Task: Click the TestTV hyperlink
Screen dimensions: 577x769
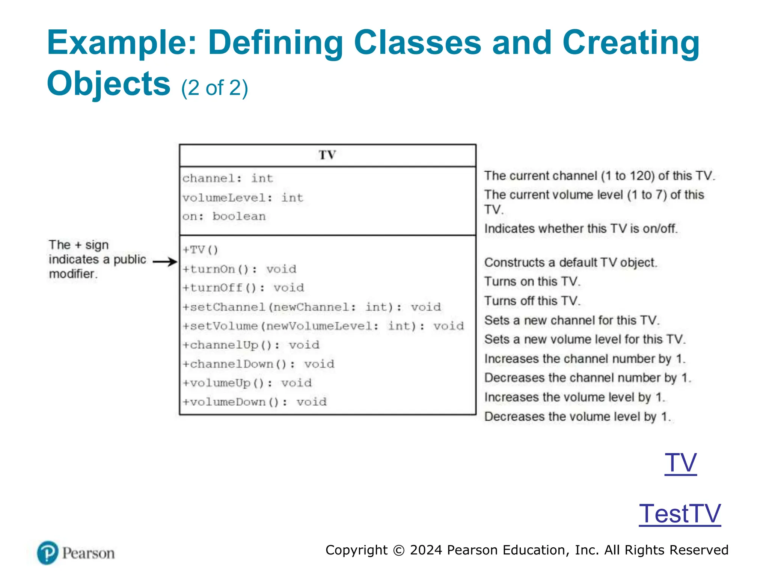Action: pos(680,514)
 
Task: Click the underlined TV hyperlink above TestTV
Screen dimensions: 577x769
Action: pos(680,462)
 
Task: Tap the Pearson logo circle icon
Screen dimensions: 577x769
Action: pos(48,553)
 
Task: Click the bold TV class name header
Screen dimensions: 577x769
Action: pos(327,155)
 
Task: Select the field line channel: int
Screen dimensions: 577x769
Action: pos(228,178)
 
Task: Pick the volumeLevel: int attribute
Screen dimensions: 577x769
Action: pos(243,198)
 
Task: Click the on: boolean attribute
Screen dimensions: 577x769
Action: pos(224,216)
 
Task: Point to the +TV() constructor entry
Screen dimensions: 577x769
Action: pos(200,250)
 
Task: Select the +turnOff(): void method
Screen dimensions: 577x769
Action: pos(243,288)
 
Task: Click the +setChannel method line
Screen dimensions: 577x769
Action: pos(312,307)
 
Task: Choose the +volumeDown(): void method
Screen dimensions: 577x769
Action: pos(255,402)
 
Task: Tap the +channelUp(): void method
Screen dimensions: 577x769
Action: pos(251,345)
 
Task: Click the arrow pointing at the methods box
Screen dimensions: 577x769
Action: pos(165,262)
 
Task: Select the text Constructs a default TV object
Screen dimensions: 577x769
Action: pos(570,263)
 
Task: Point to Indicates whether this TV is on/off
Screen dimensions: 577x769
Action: pos(581,228)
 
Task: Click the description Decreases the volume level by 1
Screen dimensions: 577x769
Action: pos(577,417)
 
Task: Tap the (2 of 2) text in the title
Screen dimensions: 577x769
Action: pos(214,88)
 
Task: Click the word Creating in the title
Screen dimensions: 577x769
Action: pos(631,42)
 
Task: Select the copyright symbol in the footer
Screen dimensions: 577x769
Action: pos(399,550)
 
